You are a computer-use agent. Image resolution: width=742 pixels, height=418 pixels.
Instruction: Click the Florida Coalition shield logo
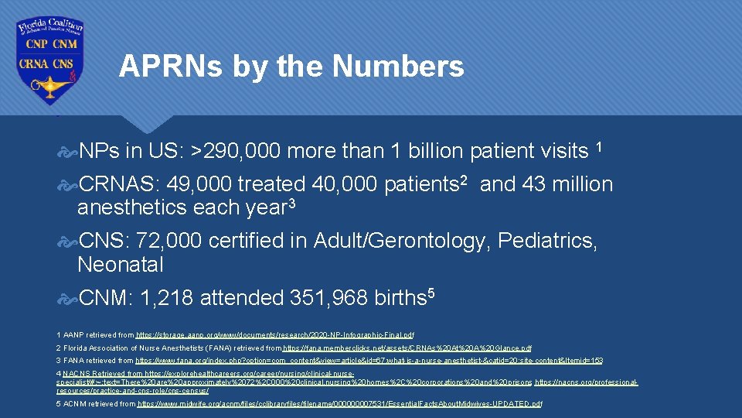tap(50, 60)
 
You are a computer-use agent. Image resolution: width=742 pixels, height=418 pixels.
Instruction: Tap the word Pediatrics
tap(547, 242)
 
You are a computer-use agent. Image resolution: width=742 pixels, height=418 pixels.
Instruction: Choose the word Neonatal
tap(121, 265)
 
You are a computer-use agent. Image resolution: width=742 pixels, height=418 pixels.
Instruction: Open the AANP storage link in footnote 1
tap(274, 335)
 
